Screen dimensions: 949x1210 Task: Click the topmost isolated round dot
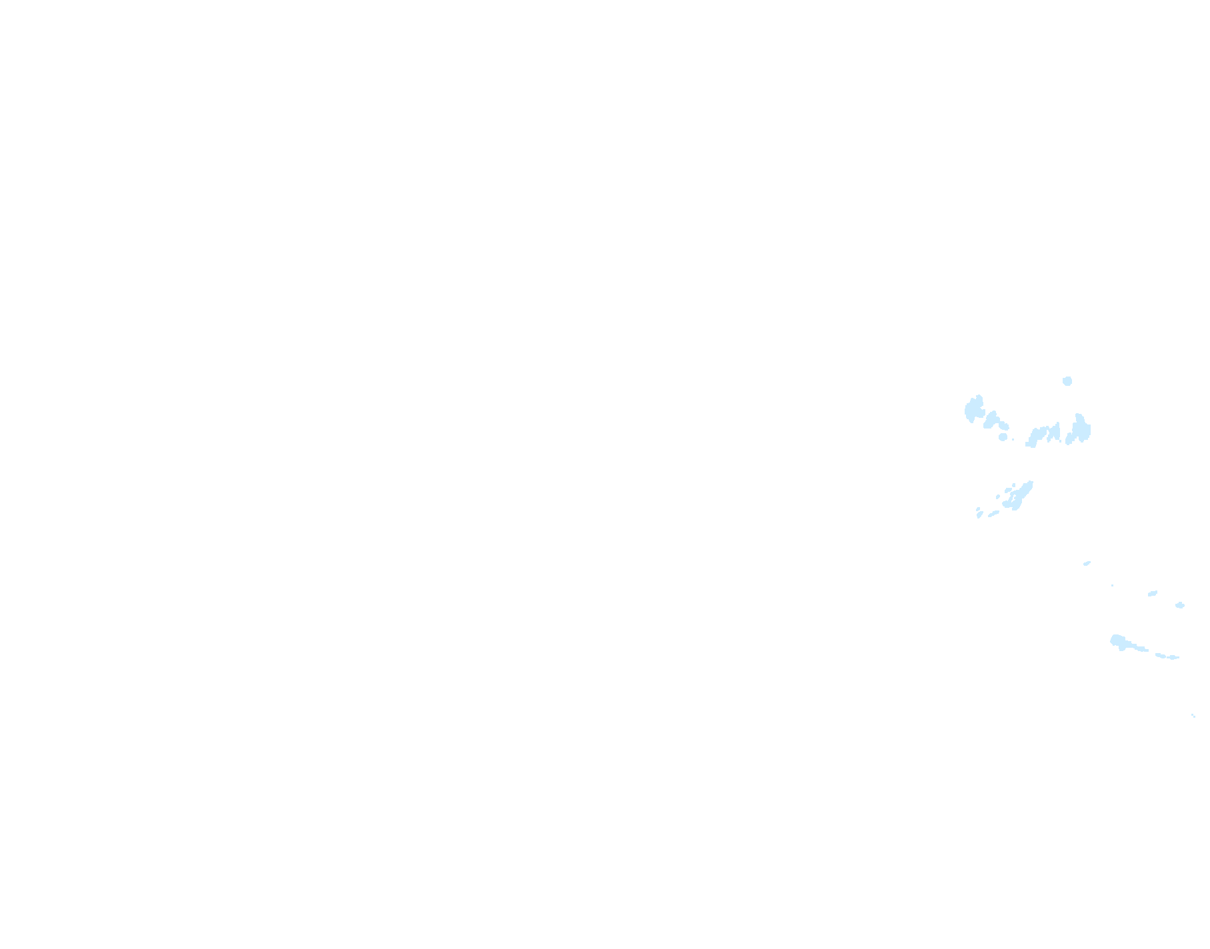[x=1067, y=381]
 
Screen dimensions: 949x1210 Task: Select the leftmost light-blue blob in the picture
[x=974, y=409]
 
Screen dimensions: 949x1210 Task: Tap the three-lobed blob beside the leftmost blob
[x=995, y=421]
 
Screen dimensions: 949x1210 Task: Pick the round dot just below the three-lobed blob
[x=1003, y=437]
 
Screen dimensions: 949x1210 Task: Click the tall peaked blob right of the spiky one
[x=1079, y=430]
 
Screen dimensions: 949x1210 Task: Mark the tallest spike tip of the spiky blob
[x=1057, y=424]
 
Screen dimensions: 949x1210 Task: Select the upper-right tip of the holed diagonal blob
[x=1031, y=482]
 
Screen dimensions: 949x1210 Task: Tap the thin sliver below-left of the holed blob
[x=994, y=514]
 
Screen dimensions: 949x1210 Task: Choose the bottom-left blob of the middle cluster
[x=979, y=512]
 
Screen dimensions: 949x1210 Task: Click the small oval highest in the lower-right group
[x=1087, y=563]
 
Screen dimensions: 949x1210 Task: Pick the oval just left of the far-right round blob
[x=1153, y=593]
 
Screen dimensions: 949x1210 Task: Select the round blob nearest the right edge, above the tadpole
[x=1180, y=605]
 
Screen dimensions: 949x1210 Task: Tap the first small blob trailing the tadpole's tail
[x=1161, y=655]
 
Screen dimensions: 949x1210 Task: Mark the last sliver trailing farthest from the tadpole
[x=1174, y=658]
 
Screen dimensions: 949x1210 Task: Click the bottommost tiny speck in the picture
[x=1193, y=716]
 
